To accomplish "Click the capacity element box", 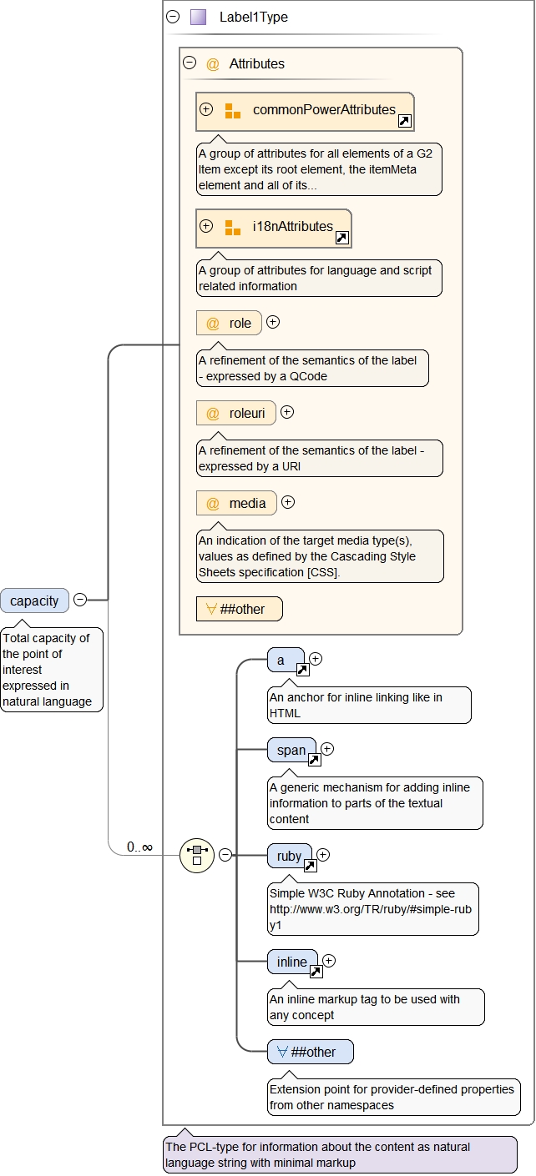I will coord(34,601).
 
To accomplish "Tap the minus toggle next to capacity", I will coord(80,600).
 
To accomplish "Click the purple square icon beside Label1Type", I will coord(198,17).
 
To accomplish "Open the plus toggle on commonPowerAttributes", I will coord(206,109).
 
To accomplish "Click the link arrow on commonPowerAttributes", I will coord(404,122).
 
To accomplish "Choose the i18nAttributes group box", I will coord(274,227).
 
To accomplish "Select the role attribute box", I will coord(229,323).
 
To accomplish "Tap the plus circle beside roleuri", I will coord(287,412).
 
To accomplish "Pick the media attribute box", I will coord(236,503).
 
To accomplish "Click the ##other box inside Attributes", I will coord(240,609).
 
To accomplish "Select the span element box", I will coord(291,751).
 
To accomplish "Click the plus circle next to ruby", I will coord(323,855).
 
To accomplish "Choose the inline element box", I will coord(292,962).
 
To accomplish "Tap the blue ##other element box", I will coord(311,1052).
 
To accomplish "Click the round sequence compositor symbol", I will coord(197,855).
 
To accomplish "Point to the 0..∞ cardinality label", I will coord(139,847).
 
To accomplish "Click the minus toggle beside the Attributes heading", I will coord(190,63).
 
